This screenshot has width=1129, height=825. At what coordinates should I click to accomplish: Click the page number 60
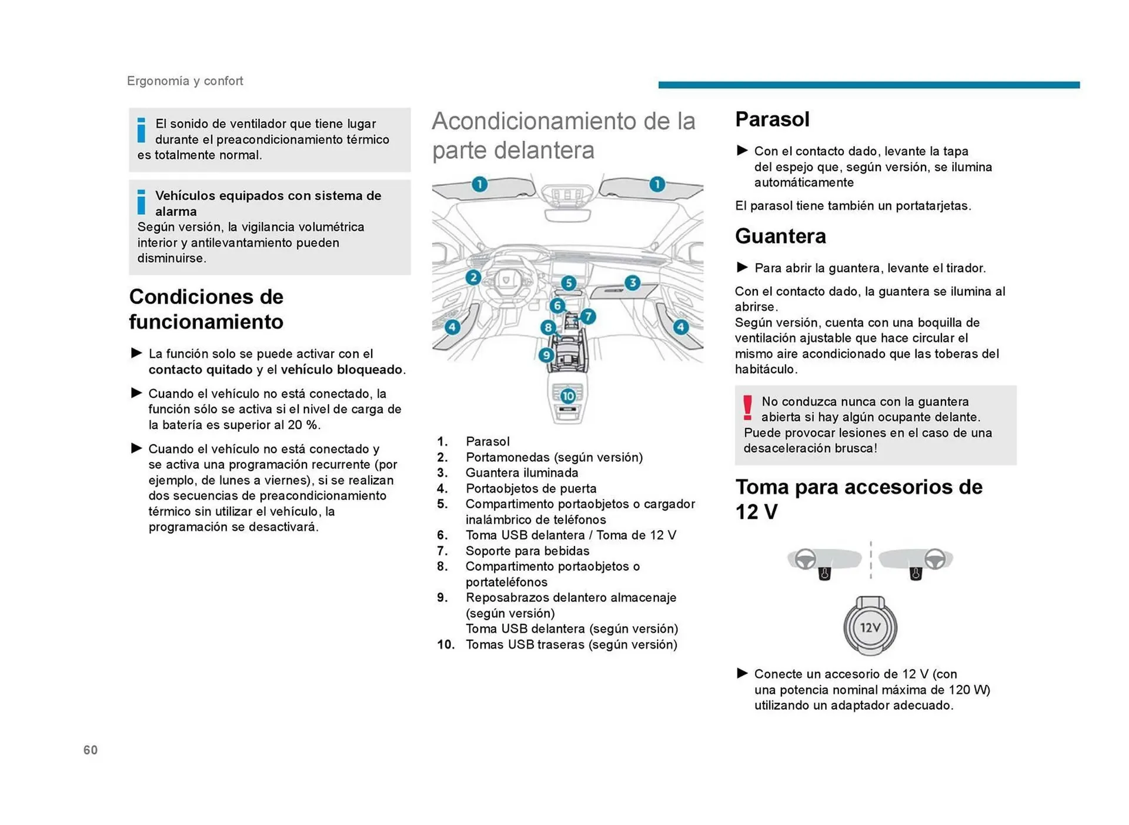point(91,750)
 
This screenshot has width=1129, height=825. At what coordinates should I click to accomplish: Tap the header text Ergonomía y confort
point(185,81)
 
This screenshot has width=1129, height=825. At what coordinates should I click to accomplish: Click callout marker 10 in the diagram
point(567,396)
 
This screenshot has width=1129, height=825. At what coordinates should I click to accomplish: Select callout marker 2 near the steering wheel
point(473,277)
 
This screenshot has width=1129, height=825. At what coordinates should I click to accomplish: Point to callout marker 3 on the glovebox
point(632,282)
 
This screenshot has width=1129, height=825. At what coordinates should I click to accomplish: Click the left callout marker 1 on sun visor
point(479,184)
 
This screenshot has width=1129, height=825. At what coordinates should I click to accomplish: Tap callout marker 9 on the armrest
point(546,355)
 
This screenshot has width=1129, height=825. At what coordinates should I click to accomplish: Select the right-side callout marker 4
point(680,327)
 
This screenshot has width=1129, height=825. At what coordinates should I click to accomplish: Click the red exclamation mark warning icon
point(747,407)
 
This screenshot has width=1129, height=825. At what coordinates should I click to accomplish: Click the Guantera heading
point(780,236)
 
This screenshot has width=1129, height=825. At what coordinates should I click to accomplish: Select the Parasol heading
point(772,119)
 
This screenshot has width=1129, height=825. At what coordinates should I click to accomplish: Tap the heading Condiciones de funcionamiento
point(206,309)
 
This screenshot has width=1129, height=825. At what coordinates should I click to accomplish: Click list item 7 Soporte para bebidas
point(527,551)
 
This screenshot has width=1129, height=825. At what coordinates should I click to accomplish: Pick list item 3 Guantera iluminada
point(522,473)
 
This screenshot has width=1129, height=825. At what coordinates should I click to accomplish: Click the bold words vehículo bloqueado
point(342,370)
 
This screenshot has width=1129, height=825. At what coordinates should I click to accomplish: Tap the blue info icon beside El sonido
point(141,130)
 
